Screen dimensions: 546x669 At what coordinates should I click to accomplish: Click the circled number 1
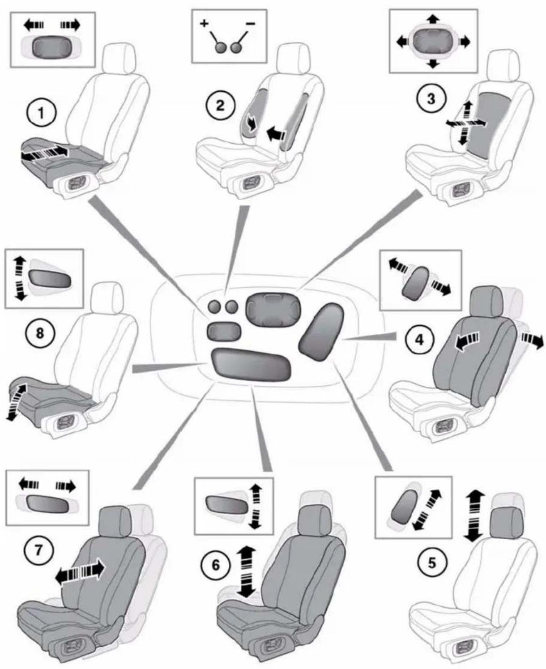point(41,113)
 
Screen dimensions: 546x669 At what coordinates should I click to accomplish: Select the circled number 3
point(431,99)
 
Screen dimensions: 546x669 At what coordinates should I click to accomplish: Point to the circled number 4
point(419,340)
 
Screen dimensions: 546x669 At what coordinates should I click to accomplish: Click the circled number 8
point(40,333)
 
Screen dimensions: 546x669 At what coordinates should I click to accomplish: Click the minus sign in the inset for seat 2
point(251,23)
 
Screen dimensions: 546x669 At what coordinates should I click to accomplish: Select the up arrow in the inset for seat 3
point(433,19)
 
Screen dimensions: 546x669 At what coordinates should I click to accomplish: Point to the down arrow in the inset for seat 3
point(433,64)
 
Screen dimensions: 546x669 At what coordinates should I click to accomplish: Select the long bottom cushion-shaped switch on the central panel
point(251,364)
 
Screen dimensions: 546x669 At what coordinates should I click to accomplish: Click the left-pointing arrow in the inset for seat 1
point(34,25)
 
